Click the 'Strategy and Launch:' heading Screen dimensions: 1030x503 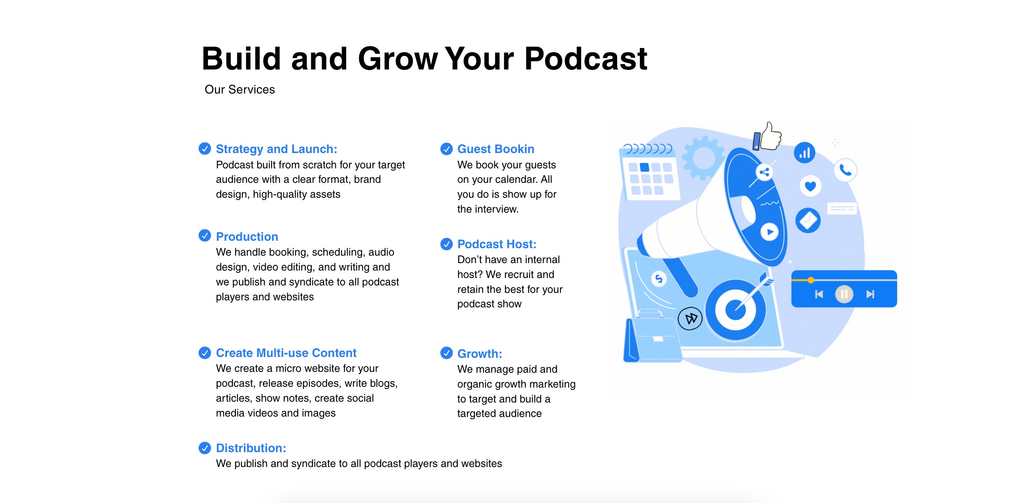coord(277,149)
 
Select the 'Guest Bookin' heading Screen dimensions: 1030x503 coord(496,149)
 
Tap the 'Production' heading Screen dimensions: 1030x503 coord(247,237)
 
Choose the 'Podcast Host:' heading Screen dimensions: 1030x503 coord(497,244)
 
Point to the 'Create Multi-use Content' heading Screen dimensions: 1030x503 coord(286,353)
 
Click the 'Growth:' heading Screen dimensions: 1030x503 coord(479,354)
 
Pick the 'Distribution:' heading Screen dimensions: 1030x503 coord(251,448)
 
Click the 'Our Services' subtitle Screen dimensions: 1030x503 coord(240,89)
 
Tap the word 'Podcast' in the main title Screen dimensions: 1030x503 coord(586,59)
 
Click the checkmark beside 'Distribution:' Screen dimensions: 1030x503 coord(205,448)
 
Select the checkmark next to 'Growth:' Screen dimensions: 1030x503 coord(446,353)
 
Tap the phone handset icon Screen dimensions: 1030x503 coord(845,170)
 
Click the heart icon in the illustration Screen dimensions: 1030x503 coord(810,186)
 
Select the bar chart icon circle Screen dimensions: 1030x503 coord(804,153)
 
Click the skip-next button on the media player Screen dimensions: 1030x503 coord(870,294)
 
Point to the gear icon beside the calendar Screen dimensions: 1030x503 coord(703,158)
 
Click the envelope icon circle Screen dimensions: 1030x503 coord(808,220)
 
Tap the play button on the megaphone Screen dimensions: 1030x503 coord(770,232)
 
